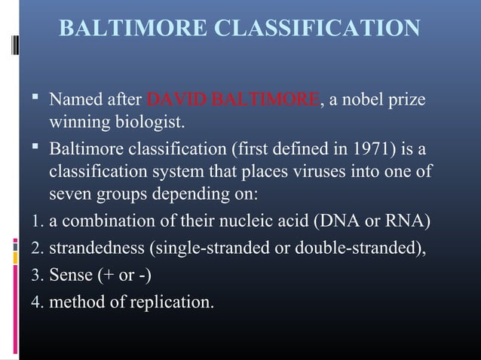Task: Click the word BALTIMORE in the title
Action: [x=133, y=29]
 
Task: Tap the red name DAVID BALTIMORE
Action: [x=233, y=99]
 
